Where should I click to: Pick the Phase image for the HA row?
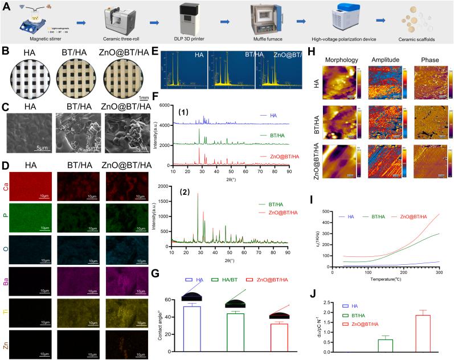pos(431,85)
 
